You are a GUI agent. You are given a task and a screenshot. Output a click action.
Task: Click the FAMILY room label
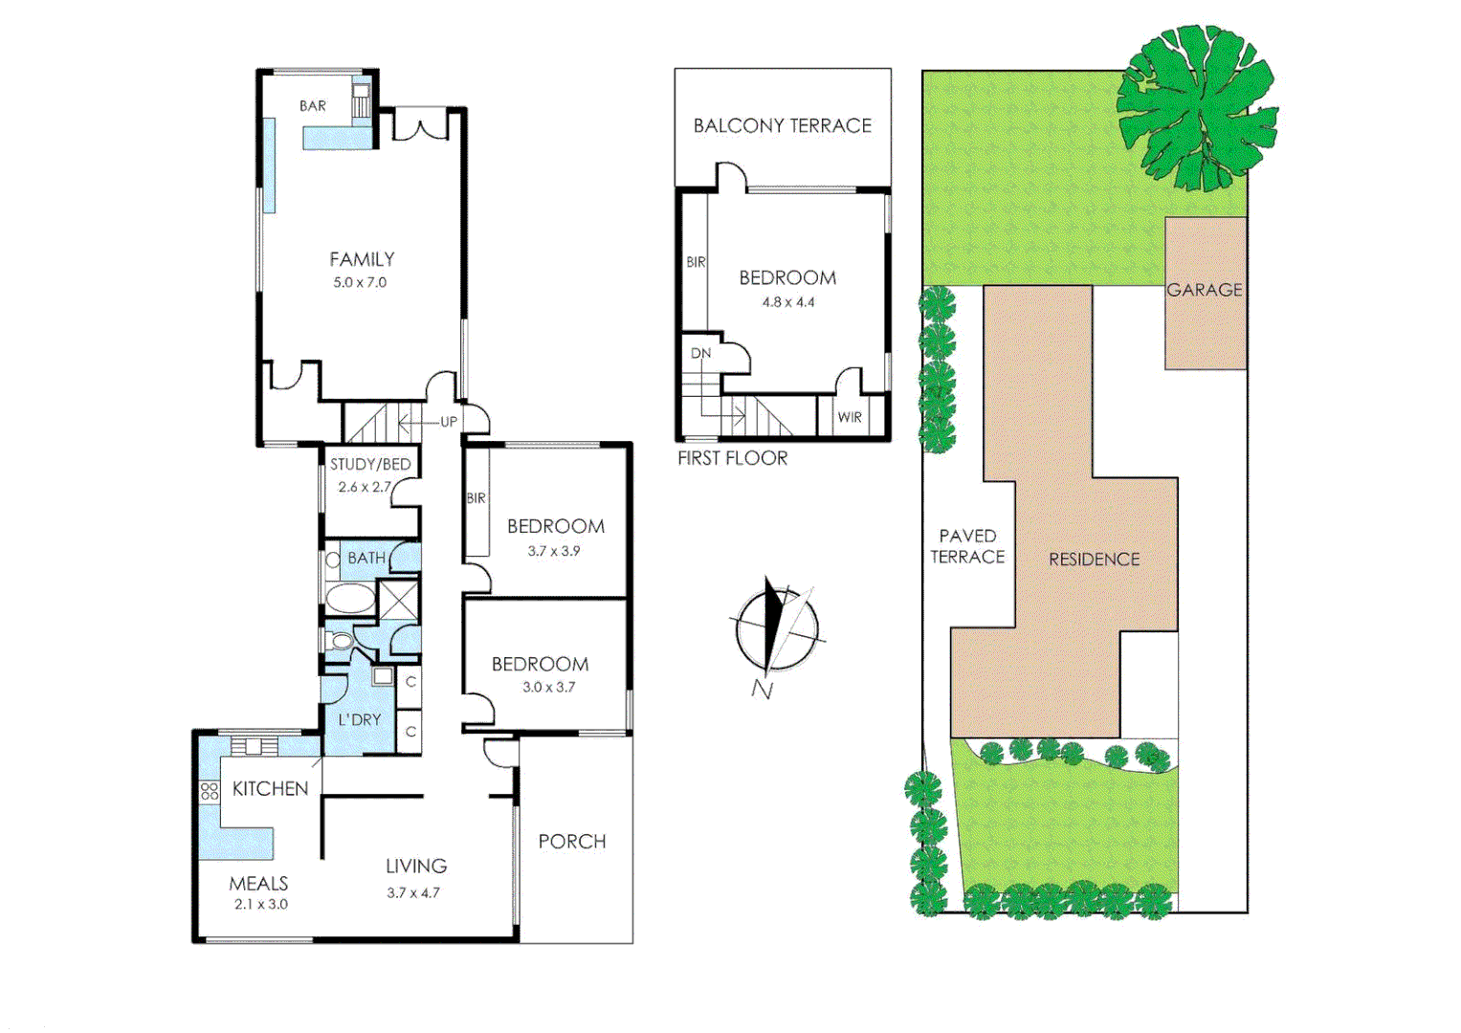click(x=362, y=259)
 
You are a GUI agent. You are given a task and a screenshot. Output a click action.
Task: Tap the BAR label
click(x=313, y=106)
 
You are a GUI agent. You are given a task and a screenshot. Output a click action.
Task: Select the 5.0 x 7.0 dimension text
click(x=360, y=282)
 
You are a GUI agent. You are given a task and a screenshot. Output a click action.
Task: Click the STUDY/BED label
click(x=370, y=464)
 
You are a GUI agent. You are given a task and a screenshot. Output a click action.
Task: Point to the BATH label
click(x=366, y=558)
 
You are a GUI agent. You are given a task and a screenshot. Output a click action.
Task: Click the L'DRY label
click(x=360, y=719)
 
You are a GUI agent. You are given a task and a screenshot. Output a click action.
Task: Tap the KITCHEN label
click(x=270, y=788)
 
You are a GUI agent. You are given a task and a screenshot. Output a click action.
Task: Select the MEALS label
click(x=258, y=884)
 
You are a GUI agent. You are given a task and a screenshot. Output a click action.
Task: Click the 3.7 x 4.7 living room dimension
click(x=413, y=892)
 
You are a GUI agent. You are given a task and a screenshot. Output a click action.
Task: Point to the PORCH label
click(x=572, y=841)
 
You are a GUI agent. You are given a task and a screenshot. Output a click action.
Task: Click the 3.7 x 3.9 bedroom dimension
click(x=554, y=551)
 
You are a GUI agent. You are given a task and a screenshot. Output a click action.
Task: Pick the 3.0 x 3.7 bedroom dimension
click(x=549, y=687)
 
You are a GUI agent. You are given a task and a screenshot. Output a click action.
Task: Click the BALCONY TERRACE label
click(x=783, y=125)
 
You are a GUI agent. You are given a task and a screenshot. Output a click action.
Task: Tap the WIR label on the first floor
click(x=850, y=417)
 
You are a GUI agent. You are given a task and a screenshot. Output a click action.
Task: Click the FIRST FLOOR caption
click(x=733, y=458)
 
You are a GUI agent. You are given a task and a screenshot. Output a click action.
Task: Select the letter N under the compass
click(x=762, y=689)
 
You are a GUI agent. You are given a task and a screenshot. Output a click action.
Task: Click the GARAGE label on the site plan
click(x=1205, y=290)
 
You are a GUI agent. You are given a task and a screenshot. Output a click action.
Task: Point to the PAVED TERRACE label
click(x=967, y=546)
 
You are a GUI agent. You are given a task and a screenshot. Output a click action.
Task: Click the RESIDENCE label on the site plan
click(x=1095, y=560)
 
